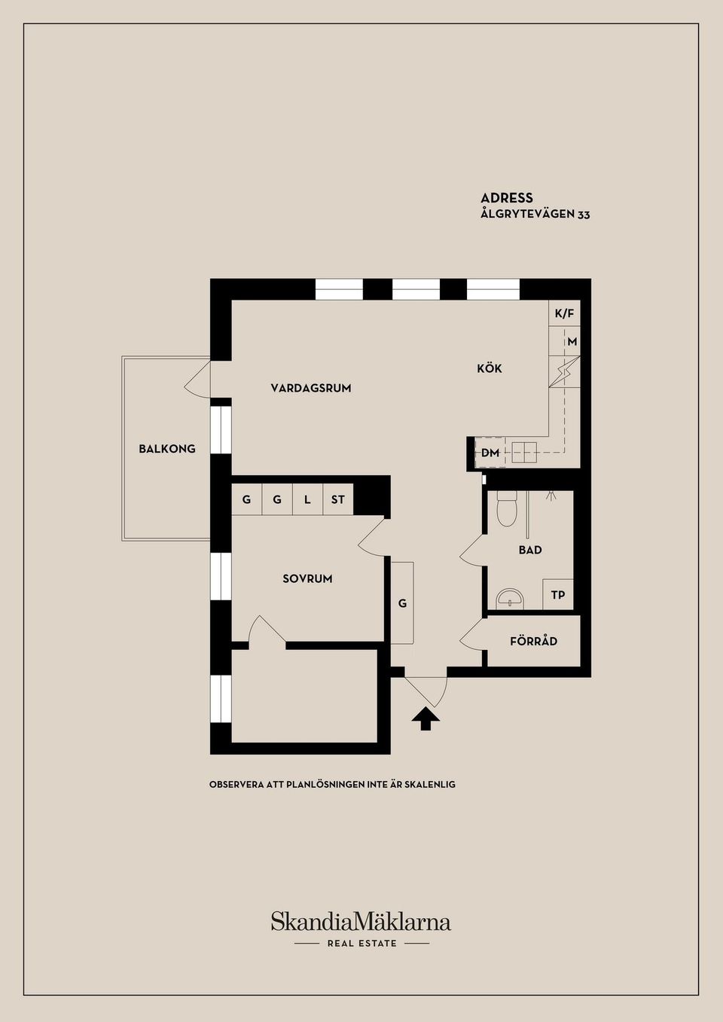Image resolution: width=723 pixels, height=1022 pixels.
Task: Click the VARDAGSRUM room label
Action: pos(310,389)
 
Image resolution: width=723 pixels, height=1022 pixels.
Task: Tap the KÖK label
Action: pos(490,368)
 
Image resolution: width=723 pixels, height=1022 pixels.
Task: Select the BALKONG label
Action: pos(167,449)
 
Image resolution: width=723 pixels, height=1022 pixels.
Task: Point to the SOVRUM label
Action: pos(307,579)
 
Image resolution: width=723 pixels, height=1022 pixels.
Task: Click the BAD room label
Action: pos(530,550)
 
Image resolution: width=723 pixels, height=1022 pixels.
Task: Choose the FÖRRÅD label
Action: pos(534,641)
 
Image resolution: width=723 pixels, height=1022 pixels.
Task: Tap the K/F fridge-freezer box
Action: pos(564,313)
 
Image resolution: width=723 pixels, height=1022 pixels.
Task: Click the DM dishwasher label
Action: pos(490,453)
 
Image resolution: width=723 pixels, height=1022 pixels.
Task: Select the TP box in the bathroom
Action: pos(558,594)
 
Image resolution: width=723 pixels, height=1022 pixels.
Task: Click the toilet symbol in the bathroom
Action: pos(505,508)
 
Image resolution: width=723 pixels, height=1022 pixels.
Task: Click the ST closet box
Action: pos(338,499)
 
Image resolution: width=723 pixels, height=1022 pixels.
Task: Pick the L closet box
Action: pos(307,499)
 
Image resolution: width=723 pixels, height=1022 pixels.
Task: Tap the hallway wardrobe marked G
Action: pos(402,603)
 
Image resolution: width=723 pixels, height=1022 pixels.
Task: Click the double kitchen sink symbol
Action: pos(524,453)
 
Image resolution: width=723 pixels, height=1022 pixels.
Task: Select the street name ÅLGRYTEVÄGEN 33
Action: pos(535,214)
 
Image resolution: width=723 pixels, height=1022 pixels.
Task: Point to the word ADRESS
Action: pos(506,197)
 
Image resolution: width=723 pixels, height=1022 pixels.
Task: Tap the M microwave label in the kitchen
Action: pos(572,341)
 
